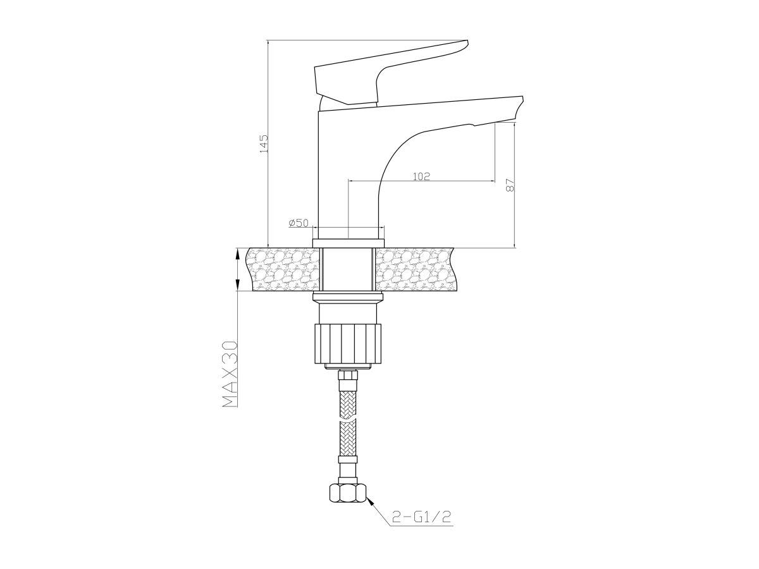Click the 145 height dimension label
pos(264,144)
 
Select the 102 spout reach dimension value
pos(421,176)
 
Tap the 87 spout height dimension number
pos(510,185)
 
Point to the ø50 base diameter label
pos(299,223)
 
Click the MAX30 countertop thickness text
pos(230,374)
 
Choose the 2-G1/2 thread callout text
pos(421,527)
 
